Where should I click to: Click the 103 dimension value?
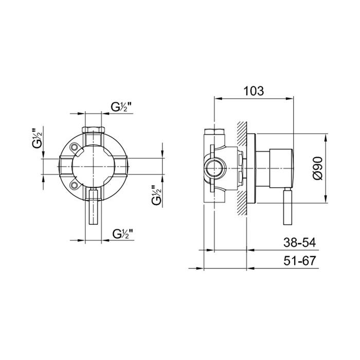coord(254,91)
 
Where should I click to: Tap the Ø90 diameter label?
coord(318,168)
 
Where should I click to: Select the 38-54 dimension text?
coord(300,243)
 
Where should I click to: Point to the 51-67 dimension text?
coord(300,261)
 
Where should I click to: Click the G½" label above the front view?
coord(122,107)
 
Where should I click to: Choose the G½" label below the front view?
coord(123,233)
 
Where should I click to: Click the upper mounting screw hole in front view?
coord(74,147)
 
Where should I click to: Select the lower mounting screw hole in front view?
coord(74,185)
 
